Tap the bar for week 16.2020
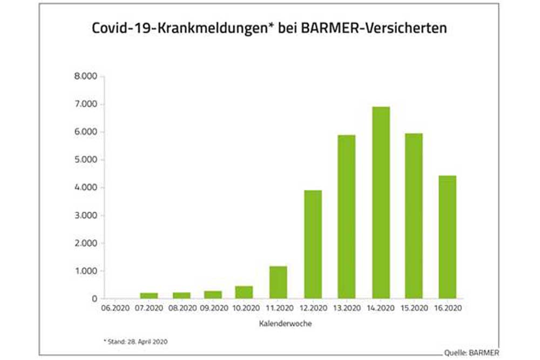click(447, 237)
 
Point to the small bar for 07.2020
click(149, 295)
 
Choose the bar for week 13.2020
click(346, 216)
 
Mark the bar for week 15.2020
click(414, 216)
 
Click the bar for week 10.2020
click(244, 292)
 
